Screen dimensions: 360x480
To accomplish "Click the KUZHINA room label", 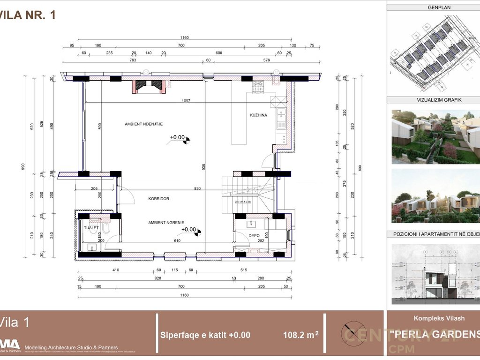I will [x=258, y=115].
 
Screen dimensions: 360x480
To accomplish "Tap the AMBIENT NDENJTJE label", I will [x=143, y=124].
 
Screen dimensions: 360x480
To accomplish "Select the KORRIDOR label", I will [x=158, y=199].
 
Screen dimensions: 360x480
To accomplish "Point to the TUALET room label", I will [x=91, y=228].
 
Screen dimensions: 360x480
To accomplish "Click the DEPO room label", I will [x=254, y=236].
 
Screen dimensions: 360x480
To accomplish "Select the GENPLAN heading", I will [x=439, y=7].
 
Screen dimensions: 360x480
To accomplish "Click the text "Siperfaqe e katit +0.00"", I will [x=205, y=335].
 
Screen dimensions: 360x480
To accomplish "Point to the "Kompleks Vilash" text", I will [x=439, y=318].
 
